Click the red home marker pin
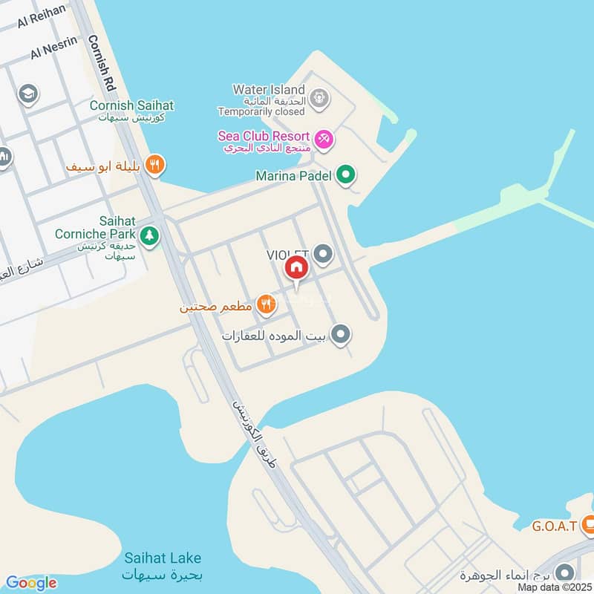(x=296, y=267)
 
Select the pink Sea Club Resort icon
(x=324, y=139)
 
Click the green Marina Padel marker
(x=345, y=176)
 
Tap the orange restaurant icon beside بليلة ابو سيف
(x=154, y=165)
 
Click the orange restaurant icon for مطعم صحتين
(x=265, y=303)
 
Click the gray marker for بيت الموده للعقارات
(x=340, y=335)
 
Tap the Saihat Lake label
(x=163, y=558)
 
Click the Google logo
(x=31, y=583)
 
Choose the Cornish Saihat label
(x=131, y=105)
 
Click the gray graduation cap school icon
(x=28, y=94)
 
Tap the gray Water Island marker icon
(x=319, y=97)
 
